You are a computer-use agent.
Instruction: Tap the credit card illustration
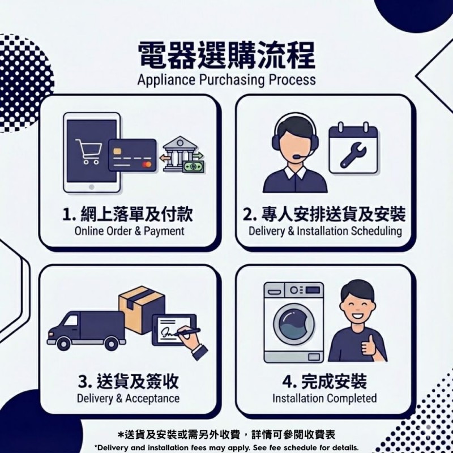click(x=133, y=155)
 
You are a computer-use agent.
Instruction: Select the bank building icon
click(x=180, y=153)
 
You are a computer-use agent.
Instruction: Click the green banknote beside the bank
click(x=193, y=166)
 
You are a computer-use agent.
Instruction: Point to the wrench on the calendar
click(x=353, y=155)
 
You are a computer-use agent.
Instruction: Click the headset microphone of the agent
click(x=298, y=157)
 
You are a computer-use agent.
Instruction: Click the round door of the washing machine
click(x=294, y=324)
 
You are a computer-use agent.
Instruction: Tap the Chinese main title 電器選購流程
click(x=226, y=55)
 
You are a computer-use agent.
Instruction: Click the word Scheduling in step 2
click(x=376, y=232)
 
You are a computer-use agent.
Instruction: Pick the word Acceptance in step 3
click(x=152, y=399)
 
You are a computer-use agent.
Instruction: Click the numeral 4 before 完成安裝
click(x=288, y=381)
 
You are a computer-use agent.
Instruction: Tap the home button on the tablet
click(x=92, y=187)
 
